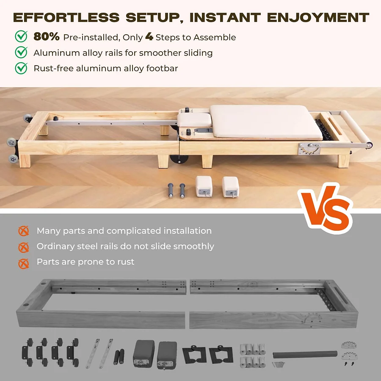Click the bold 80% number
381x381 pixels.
tap(47, 37)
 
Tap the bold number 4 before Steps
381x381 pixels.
tap(149, 37)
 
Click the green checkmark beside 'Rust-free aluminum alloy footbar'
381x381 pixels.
tap(21, 68)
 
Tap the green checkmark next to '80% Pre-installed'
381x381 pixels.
tap(21, 37)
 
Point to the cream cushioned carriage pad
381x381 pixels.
tap(266, 122)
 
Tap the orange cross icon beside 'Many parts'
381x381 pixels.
tap(23, 231)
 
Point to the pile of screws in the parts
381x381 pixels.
tap(278, 364)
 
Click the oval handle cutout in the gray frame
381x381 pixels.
tap(342, 292)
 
